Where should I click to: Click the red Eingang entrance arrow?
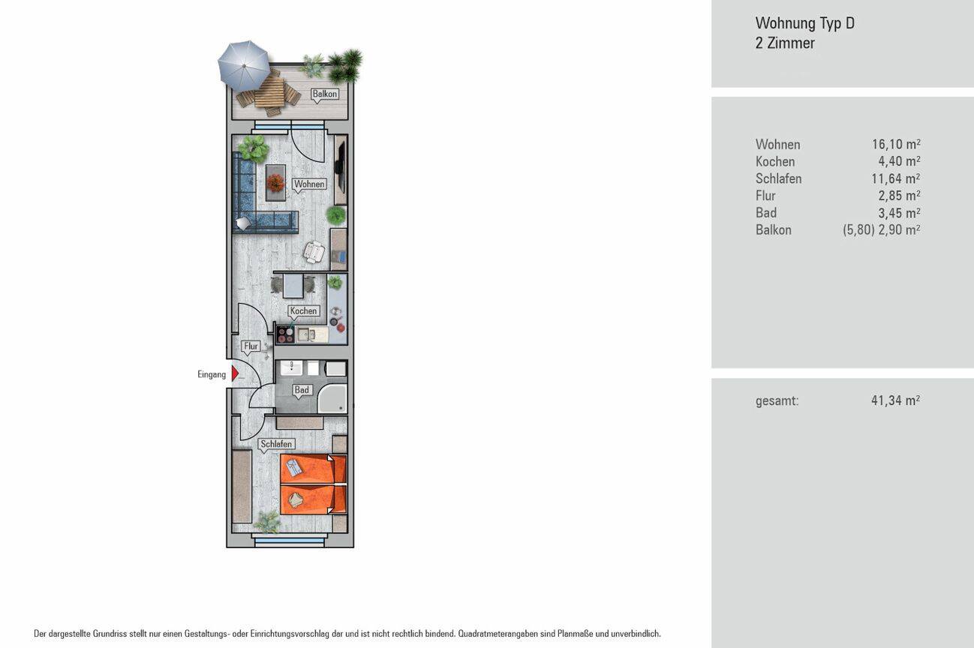[x=235, y=373]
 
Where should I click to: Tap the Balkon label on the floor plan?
[x=325, y=94]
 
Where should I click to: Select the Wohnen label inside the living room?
[x=309, y=184]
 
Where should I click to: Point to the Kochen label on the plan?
[x=303, y=310]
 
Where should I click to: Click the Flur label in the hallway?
[x=251, y=346]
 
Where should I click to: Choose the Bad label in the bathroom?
[x=302, y=390]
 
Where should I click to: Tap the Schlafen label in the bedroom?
[x=276, y=444]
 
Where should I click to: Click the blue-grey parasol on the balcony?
[x=243, y=65]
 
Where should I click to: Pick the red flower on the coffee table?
[x=275, y=182]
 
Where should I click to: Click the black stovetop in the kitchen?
[x=286, y=334]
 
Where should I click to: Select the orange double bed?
[x=313, y=484]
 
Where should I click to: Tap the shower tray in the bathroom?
[x=332, y=398]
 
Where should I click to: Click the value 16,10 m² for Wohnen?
[x=896, y=144]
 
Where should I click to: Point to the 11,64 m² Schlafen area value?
[x=895, y=178]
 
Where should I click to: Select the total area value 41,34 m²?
[x=895, y=400]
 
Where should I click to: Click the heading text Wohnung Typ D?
[x=805, y=23]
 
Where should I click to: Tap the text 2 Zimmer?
[x=785, y=43]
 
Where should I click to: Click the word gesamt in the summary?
[x=777, y=401]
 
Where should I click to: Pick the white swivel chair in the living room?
[x=314, y=252]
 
